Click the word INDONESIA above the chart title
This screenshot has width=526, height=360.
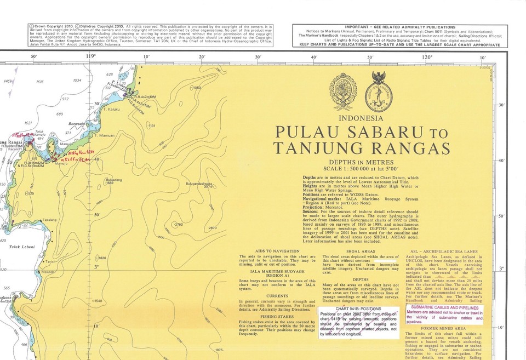[362, 118]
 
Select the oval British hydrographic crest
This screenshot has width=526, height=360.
[343, 92]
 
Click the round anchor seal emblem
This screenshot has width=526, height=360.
[379, 90]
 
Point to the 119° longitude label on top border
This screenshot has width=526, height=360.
[91, 56]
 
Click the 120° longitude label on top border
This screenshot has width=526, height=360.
[426, 56]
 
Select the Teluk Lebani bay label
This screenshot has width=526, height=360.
[22, 247]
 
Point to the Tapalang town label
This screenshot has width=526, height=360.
[49, 220]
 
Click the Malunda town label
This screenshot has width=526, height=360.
[49, 271]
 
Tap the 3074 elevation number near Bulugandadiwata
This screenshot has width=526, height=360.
[208, 187]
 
